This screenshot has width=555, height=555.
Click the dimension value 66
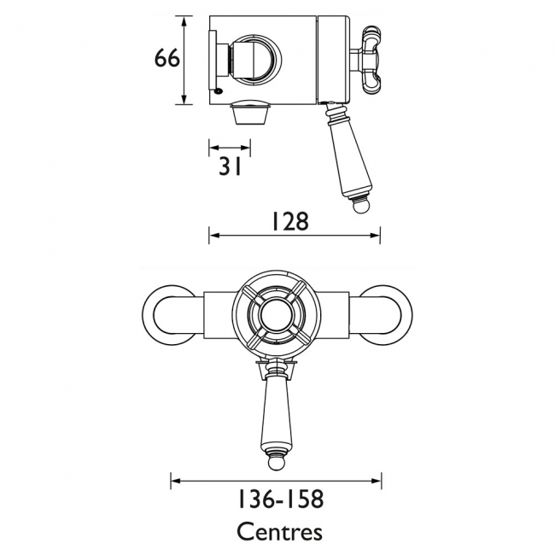pos(167,58)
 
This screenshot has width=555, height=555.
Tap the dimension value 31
pos(230,166)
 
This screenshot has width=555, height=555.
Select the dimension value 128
pos(290,221)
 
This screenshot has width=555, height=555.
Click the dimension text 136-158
pos(280,499)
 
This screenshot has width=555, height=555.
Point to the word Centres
pos(279,532)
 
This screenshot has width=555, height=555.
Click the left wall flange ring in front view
pos(149,315)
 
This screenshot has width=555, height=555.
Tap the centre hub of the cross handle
pos(277,315)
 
